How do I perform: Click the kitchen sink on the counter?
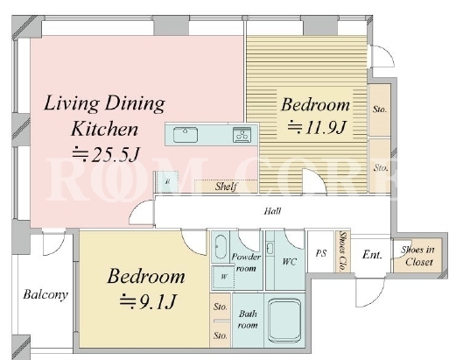[x=186, y=135]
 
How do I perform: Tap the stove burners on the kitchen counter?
[x=242, y=135]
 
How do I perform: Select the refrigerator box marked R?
[x=167, y=181]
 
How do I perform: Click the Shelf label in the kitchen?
[x=226, y=187]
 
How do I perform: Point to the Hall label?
[x=272, y=211]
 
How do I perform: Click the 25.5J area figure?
[x=106, y=154]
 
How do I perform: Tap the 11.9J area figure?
[x=317, y=127]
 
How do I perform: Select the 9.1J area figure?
[x=148, y=301]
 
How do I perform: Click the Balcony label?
[x=46, y=294]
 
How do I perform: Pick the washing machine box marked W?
[x=223, y=277]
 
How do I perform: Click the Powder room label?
[x=246, y=263]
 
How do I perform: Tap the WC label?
[x=289, y=261]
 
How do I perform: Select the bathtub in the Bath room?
[x=284, y=321]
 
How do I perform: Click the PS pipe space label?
[x=321, y=253]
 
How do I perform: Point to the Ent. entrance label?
[x=372, y=255]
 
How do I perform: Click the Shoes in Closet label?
[x=418, y=256]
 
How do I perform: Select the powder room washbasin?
[x=221, y=247]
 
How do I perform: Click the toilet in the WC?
[x=270, y=249]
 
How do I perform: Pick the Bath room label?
[x=248, y=320]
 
